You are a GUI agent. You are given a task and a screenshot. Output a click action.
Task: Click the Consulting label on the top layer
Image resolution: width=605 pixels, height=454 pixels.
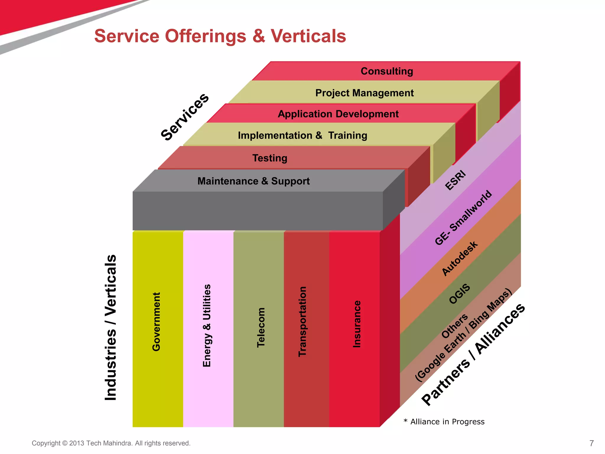(x=387, y=71)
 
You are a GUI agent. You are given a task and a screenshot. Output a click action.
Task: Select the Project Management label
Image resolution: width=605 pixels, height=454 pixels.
(x=364, y=93)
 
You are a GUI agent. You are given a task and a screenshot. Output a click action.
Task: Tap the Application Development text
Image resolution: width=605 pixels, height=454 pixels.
(x=338, y=114)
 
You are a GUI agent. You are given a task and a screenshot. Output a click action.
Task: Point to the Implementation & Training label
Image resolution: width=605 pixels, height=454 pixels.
(x=302, y=135)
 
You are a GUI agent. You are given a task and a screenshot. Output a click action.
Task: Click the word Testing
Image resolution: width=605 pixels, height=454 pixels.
(x=270, y=158)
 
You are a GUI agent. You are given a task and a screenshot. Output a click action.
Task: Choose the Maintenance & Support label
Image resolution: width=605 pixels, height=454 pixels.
(x=253, y=181)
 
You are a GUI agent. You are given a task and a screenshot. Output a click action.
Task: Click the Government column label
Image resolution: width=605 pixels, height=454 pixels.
(x=156, y=322)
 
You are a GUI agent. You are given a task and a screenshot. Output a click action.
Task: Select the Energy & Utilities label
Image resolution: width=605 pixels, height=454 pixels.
(x=207, y=325)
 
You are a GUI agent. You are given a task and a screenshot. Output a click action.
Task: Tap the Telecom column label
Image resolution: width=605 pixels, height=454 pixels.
(x=261, y=327)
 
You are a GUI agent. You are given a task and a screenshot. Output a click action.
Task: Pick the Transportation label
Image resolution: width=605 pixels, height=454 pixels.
(x=302, y=322)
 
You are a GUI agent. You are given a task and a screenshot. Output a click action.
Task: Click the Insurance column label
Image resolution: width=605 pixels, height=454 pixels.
(x=357, y=324)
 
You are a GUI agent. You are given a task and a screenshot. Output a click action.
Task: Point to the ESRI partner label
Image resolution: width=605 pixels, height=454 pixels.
(x=455, y=180)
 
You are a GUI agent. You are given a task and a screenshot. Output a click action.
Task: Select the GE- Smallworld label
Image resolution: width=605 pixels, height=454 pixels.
(x=463, y=218)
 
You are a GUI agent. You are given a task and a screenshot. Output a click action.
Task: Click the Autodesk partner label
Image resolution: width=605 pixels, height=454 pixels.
(x=459, y=259)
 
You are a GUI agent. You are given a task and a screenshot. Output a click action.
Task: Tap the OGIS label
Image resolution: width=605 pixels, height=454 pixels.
(x=459, y=294)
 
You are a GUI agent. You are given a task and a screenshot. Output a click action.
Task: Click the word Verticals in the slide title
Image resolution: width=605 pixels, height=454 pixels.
(x=308, y=36)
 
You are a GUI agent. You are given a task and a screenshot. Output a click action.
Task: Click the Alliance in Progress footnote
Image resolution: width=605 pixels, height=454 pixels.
(x=447, y=422)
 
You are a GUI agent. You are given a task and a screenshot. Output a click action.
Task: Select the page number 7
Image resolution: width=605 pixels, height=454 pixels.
(x=591, y=443)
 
